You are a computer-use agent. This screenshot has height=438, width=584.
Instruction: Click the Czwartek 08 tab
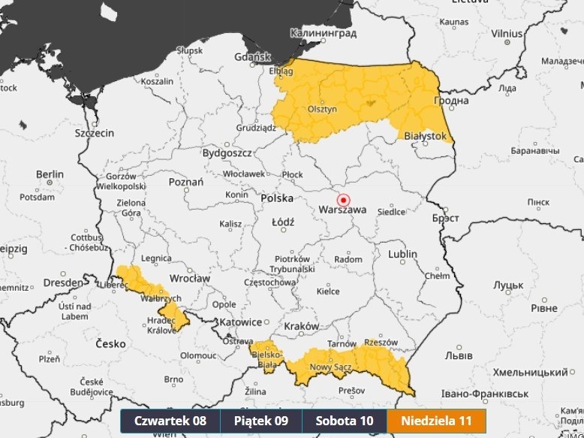click(170, 421)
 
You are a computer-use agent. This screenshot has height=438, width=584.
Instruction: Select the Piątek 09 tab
click(260, 421)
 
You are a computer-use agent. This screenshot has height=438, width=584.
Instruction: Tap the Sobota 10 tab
click(344, 421)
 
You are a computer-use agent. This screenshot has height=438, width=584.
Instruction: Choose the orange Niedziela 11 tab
click(436, 421)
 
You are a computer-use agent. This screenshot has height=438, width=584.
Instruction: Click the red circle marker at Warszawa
click(344, 200)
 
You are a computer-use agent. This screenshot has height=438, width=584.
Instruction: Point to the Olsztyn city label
click(323, 109)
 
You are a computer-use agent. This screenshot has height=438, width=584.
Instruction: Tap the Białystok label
click(425, 136)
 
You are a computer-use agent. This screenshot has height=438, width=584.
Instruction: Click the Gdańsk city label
click(252, 57)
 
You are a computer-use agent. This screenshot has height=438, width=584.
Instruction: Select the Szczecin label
click(94, 133)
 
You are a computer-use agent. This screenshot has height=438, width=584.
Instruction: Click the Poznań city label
click(186, 182)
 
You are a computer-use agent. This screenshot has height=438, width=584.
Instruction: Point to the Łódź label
click(284, 222)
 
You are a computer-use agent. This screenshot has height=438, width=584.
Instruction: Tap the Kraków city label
click(302, 326)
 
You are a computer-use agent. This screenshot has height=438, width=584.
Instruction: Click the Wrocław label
click(190, 278)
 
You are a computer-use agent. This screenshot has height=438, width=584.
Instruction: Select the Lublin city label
click(402, 254)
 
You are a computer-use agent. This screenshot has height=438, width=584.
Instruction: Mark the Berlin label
click(50, 174)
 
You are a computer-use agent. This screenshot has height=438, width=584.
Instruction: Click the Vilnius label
click(507, 33)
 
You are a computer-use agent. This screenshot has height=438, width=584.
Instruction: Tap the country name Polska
click(276, 198)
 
